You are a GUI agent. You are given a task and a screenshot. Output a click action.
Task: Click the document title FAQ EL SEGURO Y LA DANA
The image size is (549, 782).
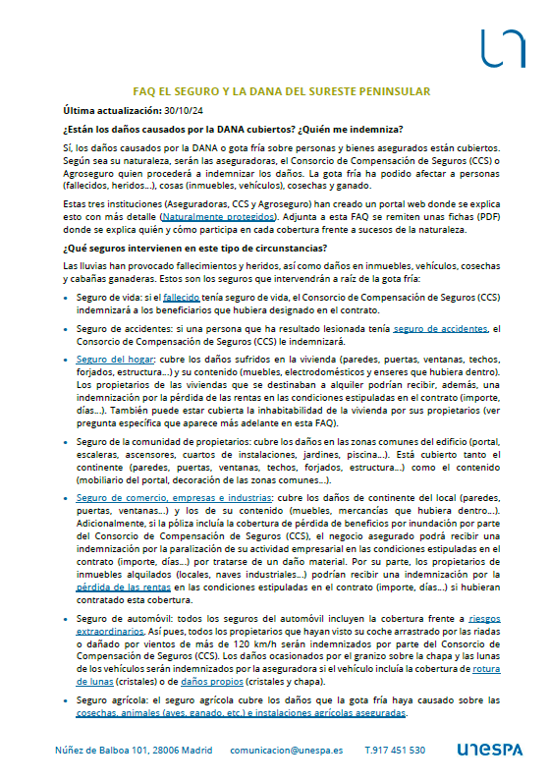pyautogui.click(x=282, y=90)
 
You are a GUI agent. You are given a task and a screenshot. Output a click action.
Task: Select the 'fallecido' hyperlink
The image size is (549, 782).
pyautogui.click(x=182, y=296)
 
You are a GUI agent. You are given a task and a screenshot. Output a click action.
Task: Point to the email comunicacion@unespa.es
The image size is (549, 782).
pyautogui.click(x=287, y=750)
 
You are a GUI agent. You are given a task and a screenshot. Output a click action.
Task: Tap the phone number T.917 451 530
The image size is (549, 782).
pyautogui.click(x=395, y=750)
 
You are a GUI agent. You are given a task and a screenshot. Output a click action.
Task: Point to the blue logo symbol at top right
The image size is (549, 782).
pyautogui.click(x=503, y=46)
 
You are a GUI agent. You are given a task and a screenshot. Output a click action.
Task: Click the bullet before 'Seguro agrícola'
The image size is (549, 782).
pyautogui.click(x=65, y=699)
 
